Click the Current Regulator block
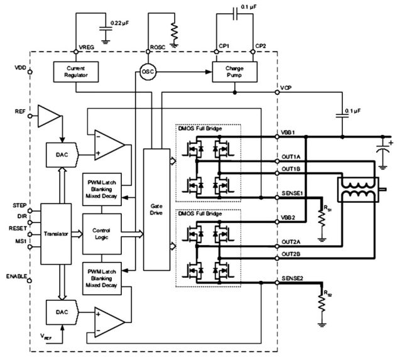(73, 71)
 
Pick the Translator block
(57, 232)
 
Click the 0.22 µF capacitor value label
(122, 23)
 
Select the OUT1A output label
(291, 158)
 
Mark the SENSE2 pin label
(293, 278)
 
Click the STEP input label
(19, 205)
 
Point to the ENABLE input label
(15, 276)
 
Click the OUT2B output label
(291, 254)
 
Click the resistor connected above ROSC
(175, 28)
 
